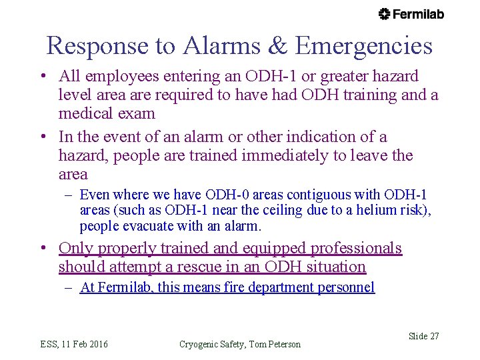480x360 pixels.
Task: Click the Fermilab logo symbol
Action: [384, 14]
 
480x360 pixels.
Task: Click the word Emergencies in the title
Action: [364, 46]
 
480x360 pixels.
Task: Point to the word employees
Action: [117, 77]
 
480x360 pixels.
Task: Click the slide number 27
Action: [433, 337]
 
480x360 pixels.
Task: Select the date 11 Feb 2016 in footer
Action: [83, 344]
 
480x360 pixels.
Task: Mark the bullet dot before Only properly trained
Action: [42, 249]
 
